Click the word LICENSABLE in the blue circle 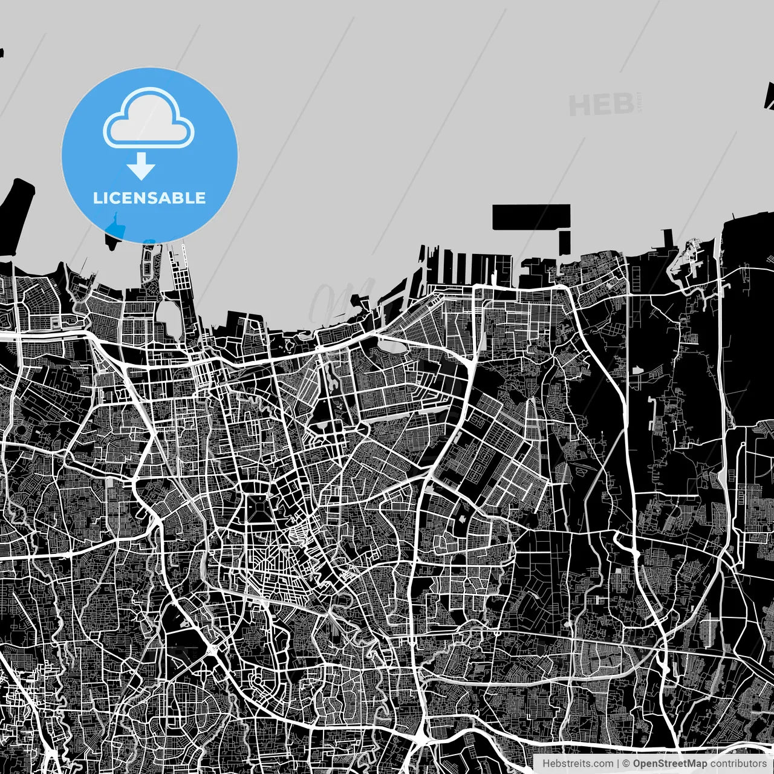[x=149, y=198]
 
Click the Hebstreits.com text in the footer [x=577, y=764]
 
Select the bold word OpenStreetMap [x=669, y=764]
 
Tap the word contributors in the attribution [x=738, y=764]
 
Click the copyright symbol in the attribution [x=626, y=764]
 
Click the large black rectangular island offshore [x=531, y=217]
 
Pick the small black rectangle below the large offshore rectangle [x=564, y=241]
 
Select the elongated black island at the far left [x=17, y=215]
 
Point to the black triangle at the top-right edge [x=770, y=97]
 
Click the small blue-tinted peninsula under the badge [x=114, y=236]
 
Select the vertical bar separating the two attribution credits [x=617, y=764]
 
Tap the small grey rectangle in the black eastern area [x=636, y=369]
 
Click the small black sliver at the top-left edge [x=1, y=53]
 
